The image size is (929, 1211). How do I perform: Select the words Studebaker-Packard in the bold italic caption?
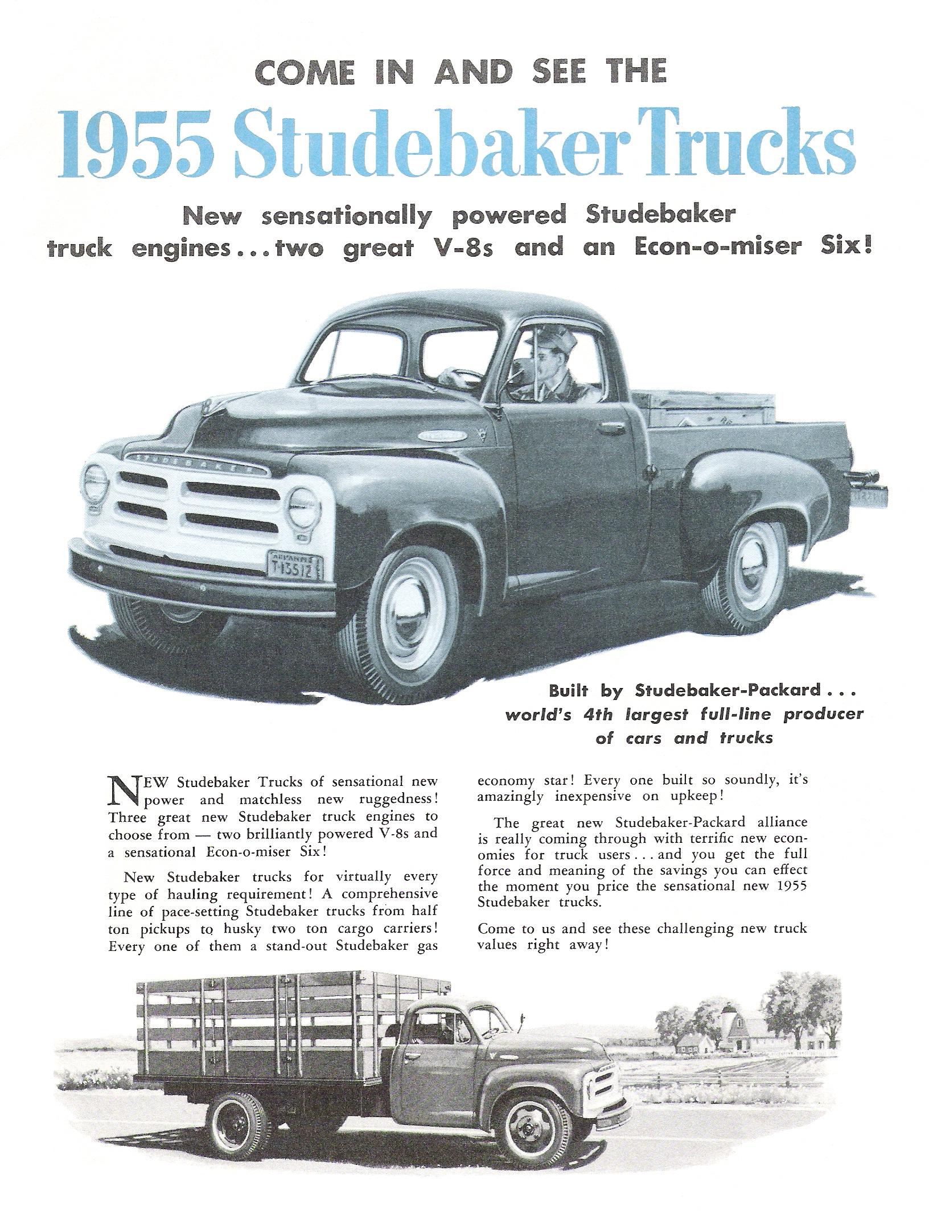coord(727,690)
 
